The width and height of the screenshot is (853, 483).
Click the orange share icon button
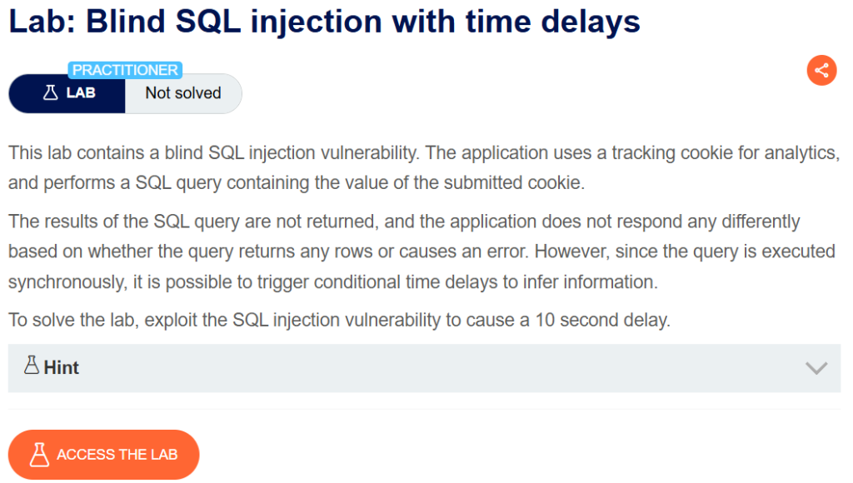pyautogui.click(x=821, y=70)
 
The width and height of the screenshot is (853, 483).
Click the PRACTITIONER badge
pyautogui.click(x=125, y=70)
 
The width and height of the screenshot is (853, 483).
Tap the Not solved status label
pyautogui.click(x=183, y=93)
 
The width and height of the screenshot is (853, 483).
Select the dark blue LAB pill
pyautogui.click(x=67, y=93)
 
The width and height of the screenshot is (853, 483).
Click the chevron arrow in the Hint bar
pyautogui.click(x=816, y=368)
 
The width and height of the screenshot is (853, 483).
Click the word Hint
pyautogui.click(x=62, y=368)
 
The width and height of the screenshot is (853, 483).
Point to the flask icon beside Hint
pyautogui.click(x=32, y=365)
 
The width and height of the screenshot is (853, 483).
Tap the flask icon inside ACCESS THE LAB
pyautogui.click(x=39, y=455)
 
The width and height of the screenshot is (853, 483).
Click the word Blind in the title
pyautogui.click(x=126, y=22)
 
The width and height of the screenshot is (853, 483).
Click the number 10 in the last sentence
pyautogui.click(x=545, y=320)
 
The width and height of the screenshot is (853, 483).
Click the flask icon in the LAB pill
pyautogui.click(x=51, y=93)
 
